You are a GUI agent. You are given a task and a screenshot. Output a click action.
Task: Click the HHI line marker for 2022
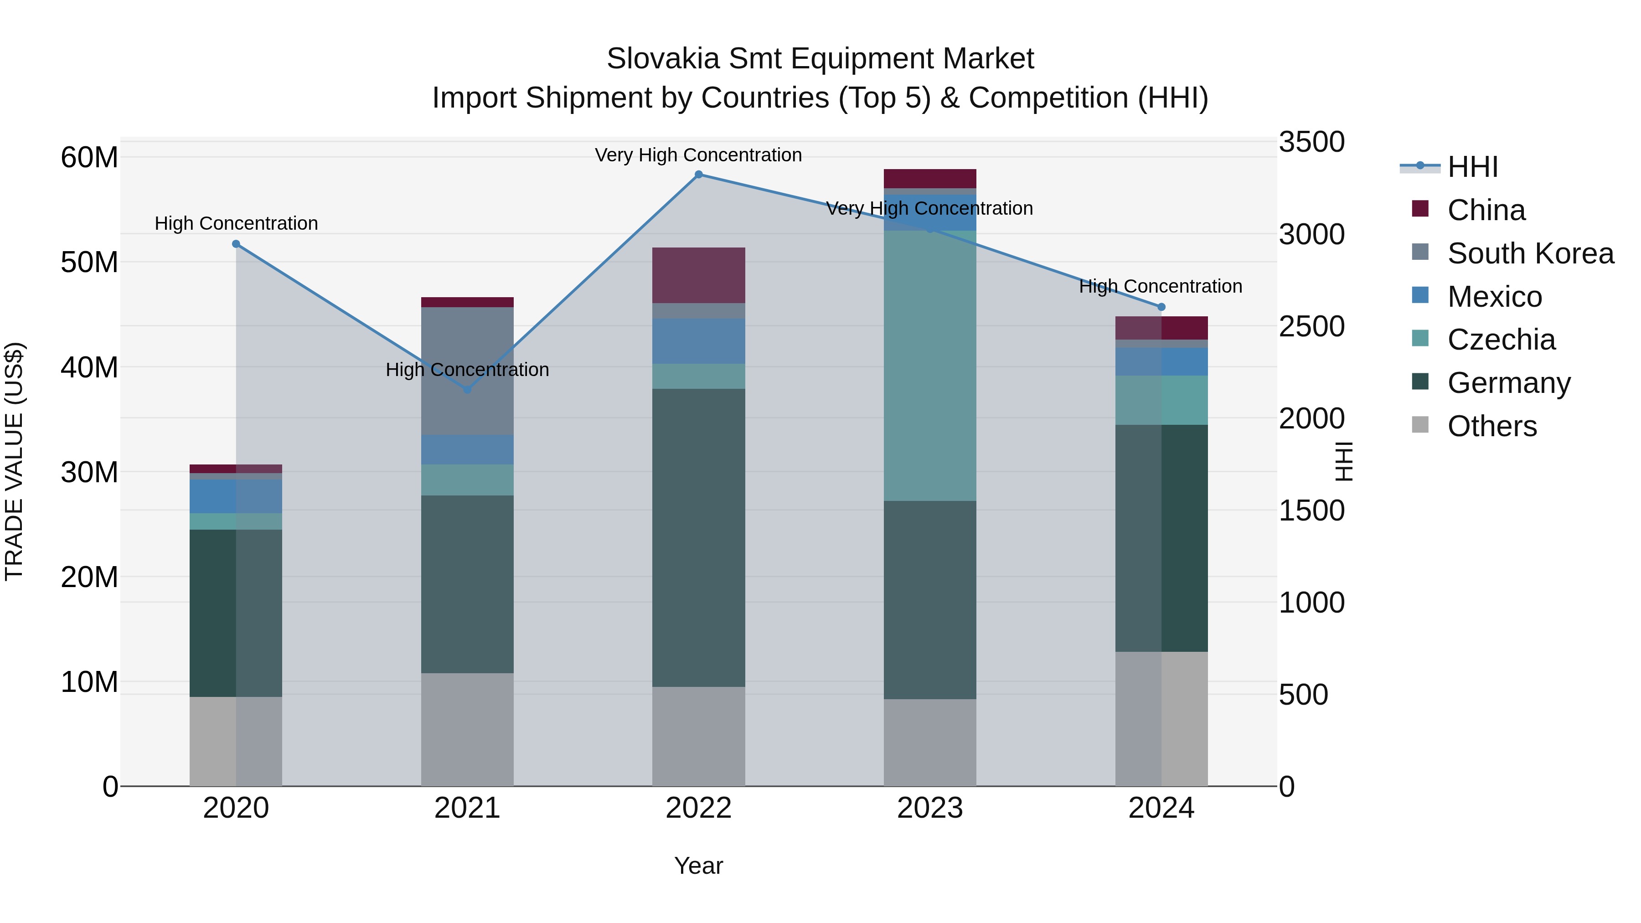click(698, 175)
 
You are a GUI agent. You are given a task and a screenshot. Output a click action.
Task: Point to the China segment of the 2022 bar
click(698, 275)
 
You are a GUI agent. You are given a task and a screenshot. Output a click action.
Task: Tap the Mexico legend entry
click(1494, 297)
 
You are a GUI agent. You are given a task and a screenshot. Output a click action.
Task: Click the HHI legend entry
click(1471, 167)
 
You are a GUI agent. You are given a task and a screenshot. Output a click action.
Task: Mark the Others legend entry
click(1491, 426)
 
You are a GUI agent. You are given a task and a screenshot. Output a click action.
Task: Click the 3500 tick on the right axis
click(1311, 142)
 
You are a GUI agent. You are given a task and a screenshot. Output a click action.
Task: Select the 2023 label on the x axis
click(929, 808)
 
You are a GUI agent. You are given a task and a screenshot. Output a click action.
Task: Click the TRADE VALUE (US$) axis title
click(14, 461)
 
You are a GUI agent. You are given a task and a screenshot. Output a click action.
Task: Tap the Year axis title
click(698, 866)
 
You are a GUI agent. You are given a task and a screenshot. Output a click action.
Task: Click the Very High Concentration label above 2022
click(698, 155)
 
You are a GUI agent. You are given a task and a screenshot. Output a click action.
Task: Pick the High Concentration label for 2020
click(236, 224)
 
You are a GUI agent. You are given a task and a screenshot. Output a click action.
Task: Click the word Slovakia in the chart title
click(662, 59)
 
